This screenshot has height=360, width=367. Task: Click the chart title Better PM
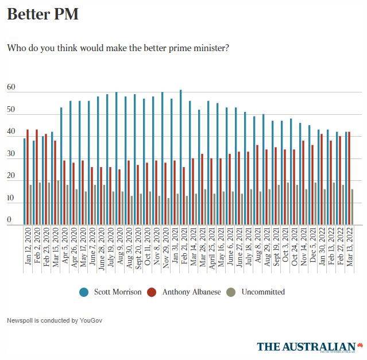tap(43, 14)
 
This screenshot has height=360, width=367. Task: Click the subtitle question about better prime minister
tap(118, 48)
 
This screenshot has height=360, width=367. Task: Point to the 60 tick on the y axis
tap(11, 88)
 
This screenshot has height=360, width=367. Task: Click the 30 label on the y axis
tap(11, 154)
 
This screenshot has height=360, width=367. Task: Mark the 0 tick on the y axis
tap(9, 220)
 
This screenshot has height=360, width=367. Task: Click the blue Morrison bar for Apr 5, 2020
tap(61, 166)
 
